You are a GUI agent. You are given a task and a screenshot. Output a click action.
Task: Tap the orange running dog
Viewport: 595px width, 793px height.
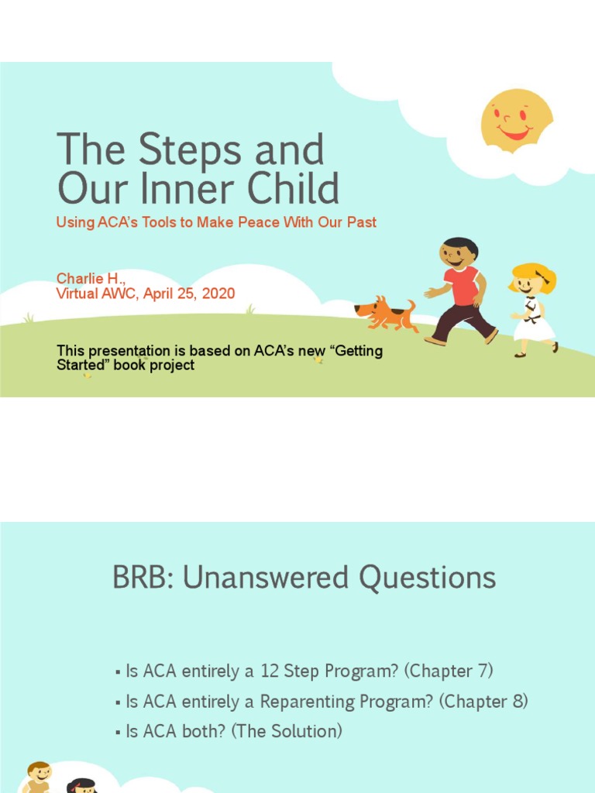[x=385, y=313]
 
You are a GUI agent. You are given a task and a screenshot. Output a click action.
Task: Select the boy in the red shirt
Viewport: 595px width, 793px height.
[x=460, y=290]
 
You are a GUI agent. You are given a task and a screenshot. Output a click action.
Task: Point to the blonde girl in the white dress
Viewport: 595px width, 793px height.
[x=533, y=309]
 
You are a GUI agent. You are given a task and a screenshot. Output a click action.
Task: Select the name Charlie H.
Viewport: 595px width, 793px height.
[x=91, y=278]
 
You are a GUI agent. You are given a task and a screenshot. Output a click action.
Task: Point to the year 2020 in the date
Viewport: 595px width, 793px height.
[x=217, y=294]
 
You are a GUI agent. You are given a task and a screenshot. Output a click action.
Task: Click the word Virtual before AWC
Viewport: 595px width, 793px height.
[x=77, y=294]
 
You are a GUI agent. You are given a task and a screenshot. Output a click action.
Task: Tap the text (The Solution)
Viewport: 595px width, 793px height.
[x=287, y=731]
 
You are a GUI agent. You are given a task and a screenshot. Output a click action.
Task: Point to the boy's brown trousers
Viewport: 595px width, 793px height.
[x=462, y=322]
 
